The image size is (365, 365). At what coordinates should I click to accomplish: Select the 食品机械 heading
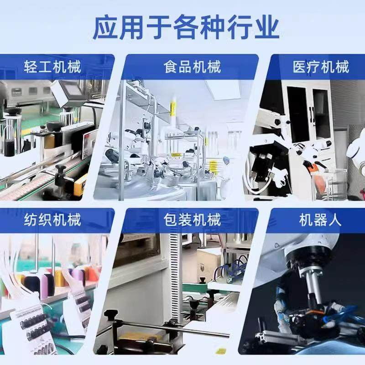pyautogui.click(x=192, y=68)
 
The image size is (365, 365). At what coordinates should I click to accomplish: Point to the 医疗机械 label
pyautogui.click(x=321, y=68)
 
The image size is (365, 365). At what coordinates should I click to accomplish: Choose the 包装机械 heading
pyautogui.click(x=192, y=221)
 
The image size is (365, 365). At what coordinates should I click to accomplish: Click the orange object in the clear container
pyautogui.click(x=319, y=182)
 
